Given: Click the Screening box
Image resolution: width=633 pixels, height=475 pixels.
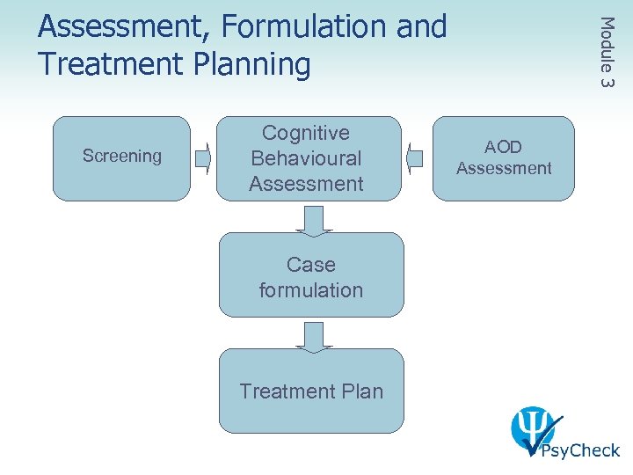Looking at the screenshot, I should click(x=121, y=158).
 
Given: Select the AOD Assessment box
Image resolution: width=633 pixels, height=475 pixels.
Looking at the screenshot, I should click(x=504, y=158).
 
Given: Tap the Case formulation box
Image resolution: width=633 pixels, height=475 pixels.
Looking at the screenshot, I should click(x=311, y=275).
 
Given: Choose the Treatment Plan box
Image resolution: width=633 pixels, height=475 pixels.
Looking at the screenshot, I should click(x=311, y=391).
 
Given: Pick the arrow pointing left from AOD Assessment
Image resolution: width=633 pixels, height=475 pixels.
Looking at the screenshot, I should click(x=418, y=159).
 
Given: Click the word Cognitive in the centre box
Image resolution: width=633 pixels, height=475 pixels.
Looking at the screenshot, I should click(x=306, y=134).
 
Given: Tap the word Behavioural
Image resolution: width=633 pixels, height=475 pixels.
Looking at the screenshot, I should click(x=306, y=158).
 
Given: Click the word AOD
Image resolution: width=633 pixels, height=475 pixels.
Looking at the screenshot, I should click(x=504, y=148).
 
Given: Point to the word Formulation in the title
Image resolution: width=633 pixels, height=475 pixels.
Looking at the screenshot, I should click(x=302, y=27).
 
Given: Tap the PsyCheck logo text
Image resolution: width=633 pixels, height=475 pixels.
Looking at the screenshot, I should click(x=579, y=450).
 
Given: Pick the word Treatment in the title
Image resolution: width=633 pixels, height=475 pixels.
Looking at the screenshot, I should click(x=113, y=64).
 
